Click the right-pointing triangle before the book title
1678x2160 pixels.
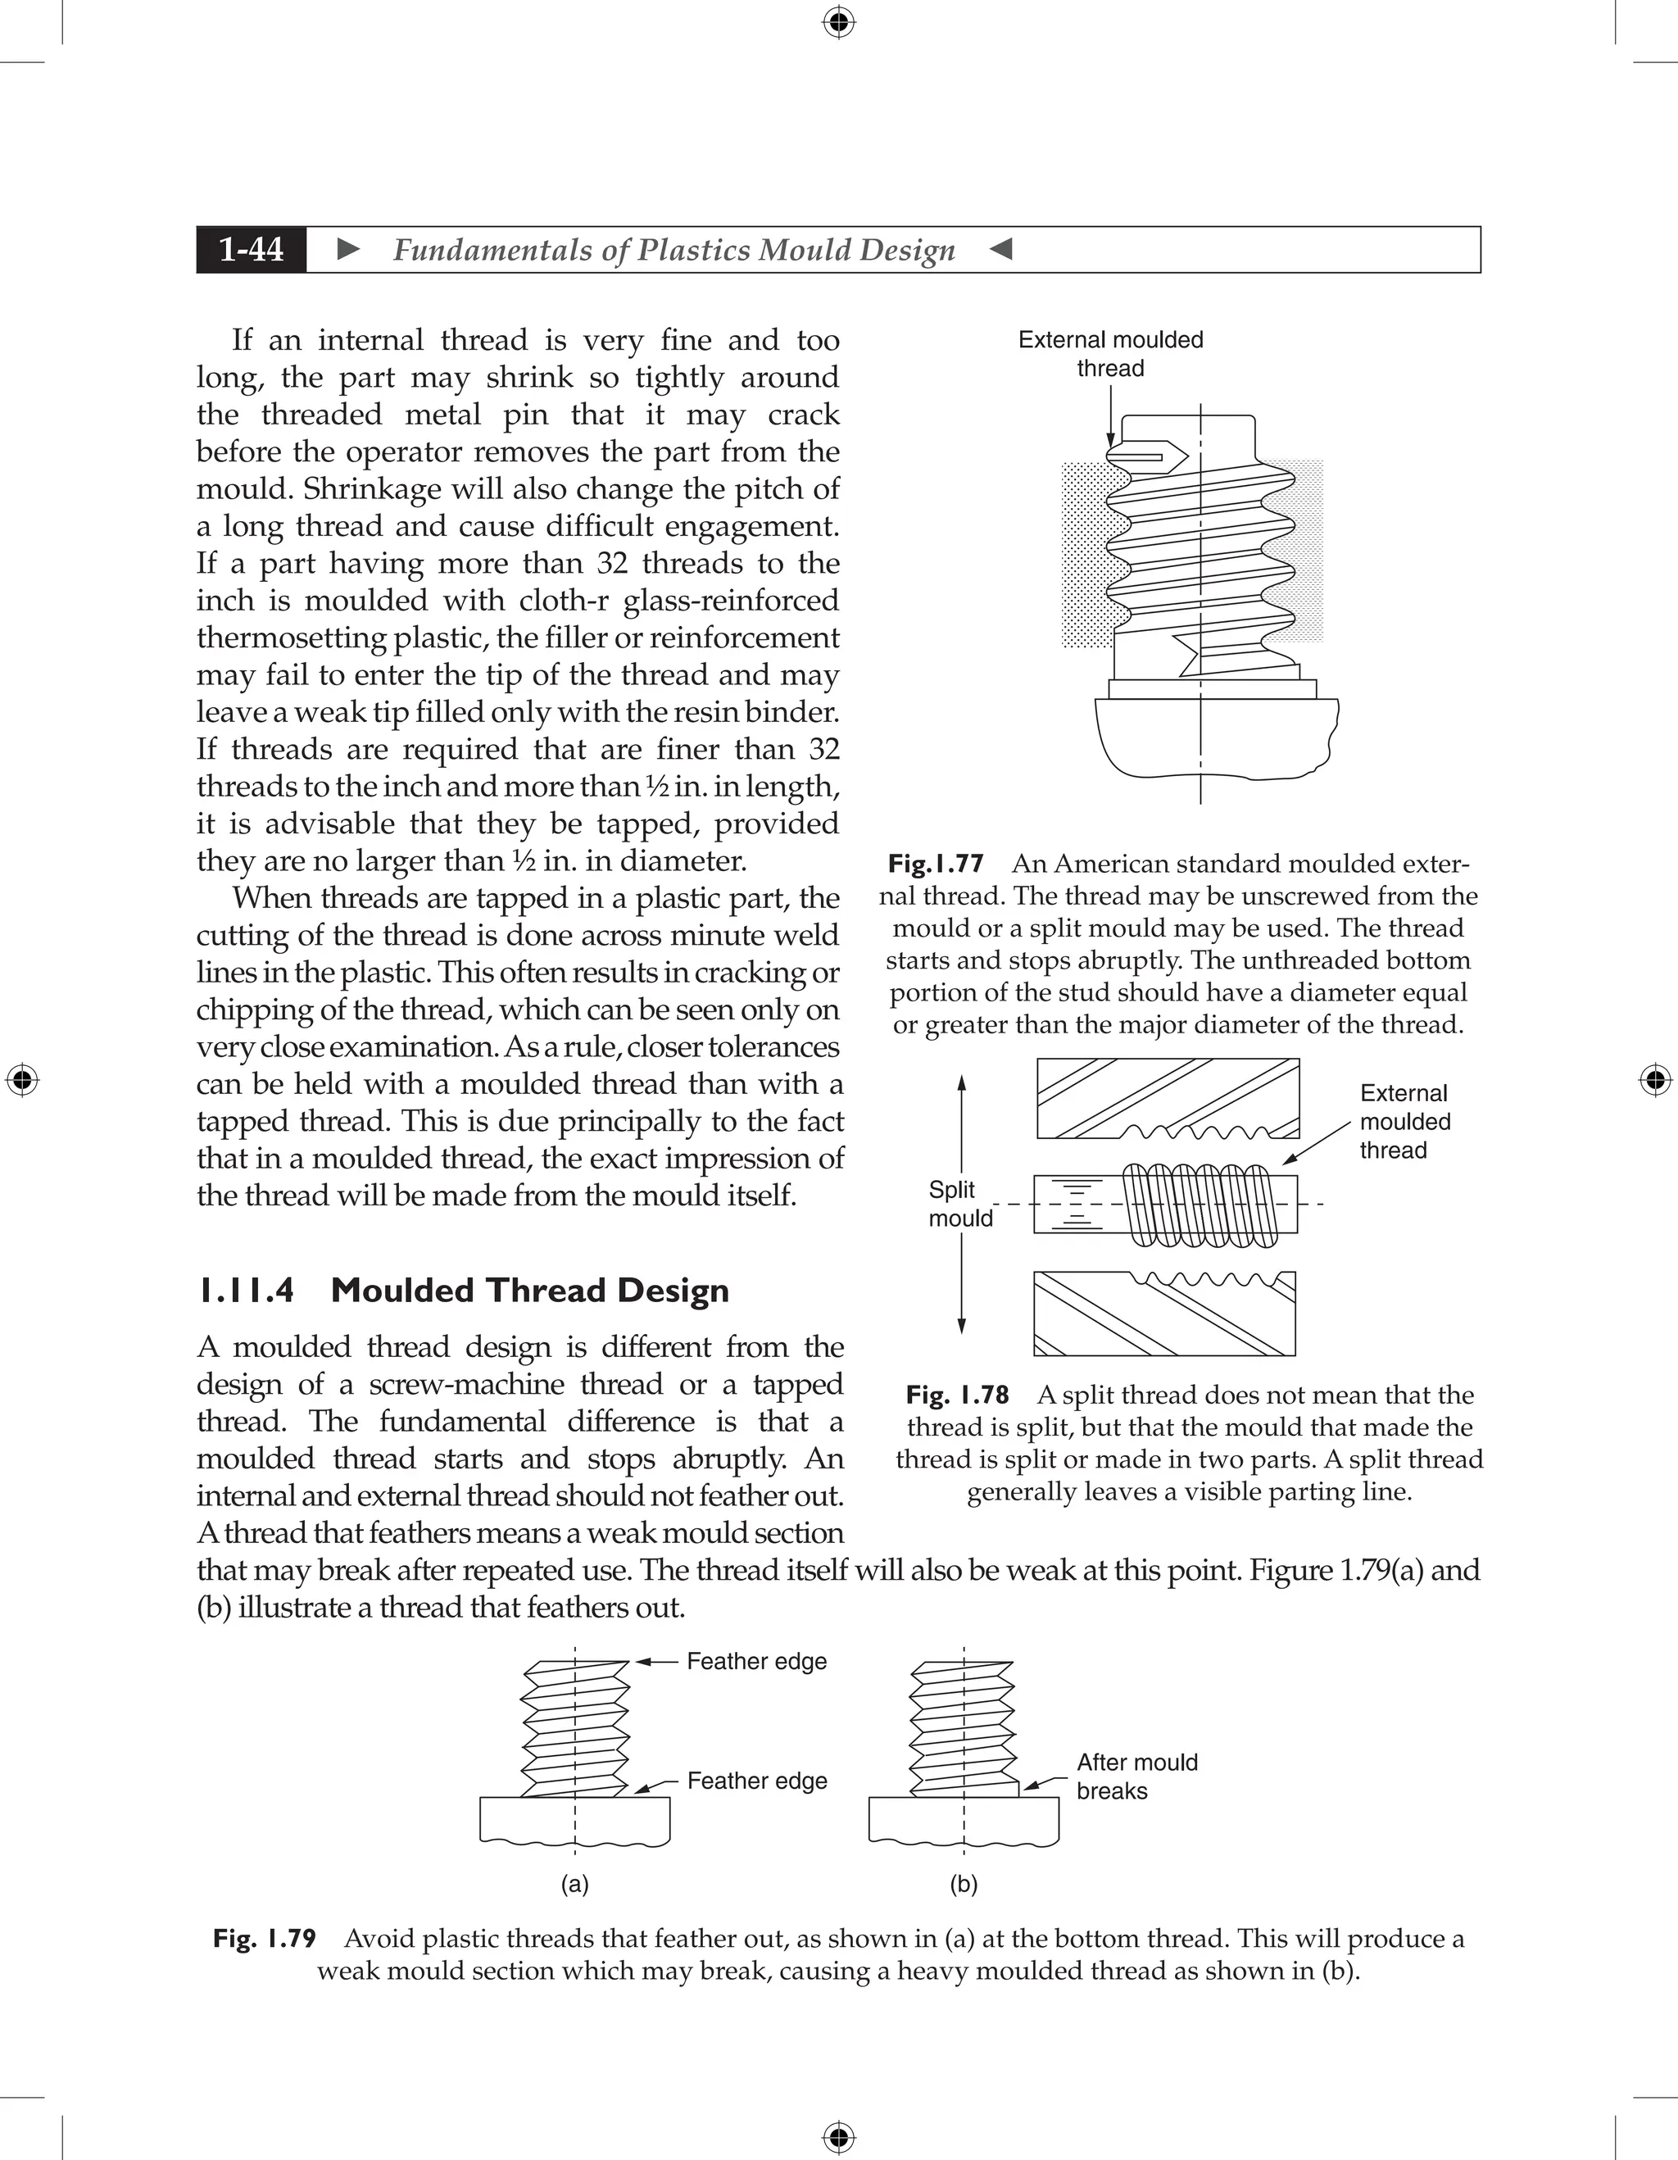(348, 249)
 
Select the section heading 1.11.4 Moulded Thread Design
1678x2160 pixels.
(463, 1291)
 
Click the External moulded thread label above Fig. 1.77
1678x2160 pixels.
(1110, 354)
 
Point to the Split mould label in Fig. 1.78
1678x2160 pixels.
(959, 1204)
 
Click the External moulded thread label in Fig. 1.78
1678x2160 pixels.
(1404, 1122)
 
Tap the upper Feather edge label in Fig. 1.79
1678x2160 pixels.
(756, 1662)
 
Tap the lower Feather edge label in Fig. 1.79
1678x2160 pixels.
(756, 1781)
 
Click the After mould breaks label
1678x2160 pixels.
(1136, 1777)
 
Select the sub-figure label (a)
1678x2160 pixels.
(574, 1884)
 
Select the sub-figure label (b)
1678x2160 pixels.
(963, 1884)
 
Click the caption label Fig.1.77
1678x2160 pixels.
(936, 864)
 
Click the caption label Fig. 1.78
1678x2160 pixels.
(957, 1395)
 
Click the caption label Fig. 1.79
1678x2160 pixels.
(264, 1939)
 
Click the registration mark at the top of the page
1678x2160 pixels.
(838, 22)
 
